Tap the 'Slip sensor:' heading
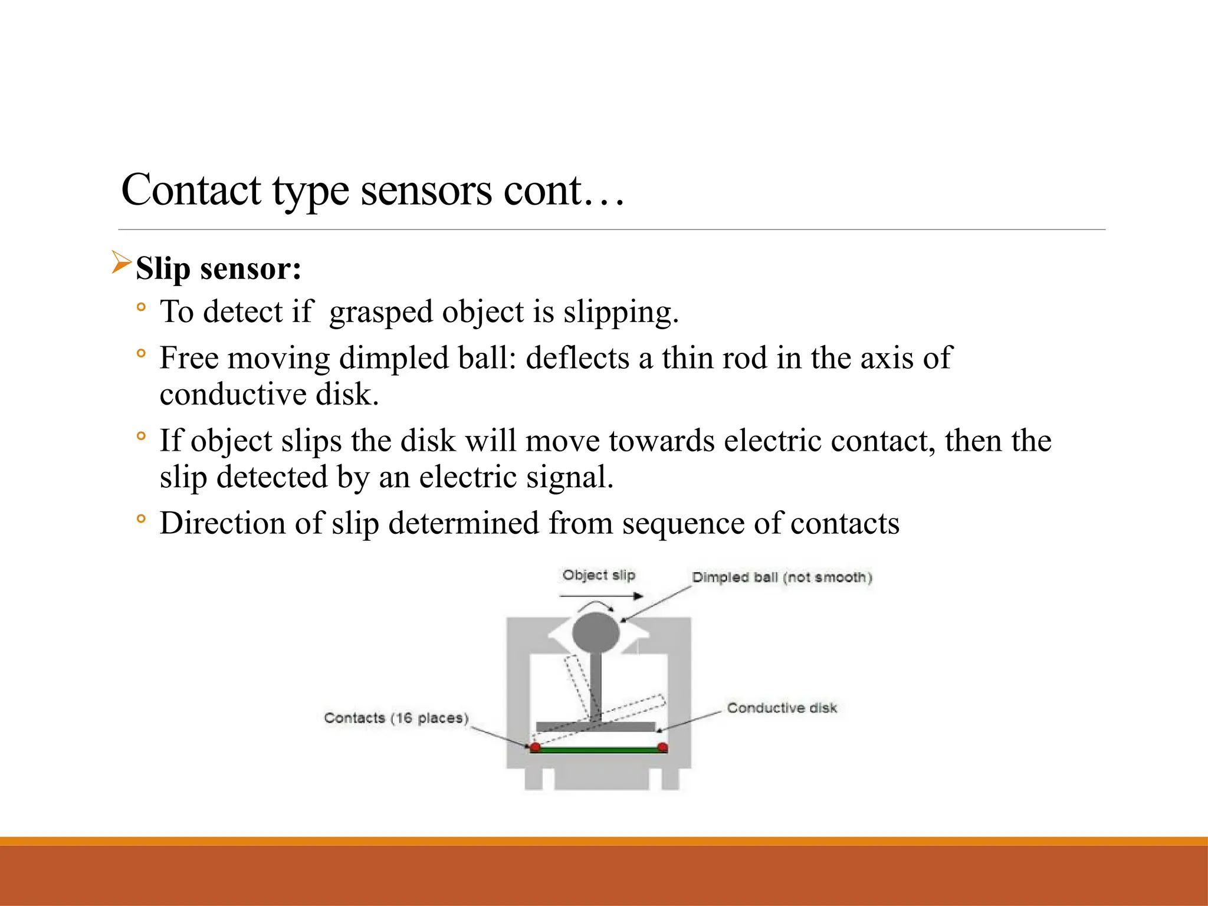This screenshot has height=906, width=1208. click(218, 268)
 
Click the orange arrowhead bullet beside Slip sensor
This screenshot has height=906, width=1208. click(121, 262)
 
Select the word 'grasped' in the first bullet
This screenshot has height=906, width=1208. click(382, 312)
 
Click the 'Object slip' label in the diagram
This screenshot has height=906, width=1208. click(598, 575)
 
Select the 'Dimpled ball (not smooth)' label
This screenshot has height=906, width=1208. click(782, 577)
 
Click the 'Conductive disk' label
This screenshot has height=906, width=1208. click(782, 708)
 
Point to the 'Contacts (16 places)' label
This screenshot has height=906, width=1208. click(396, 718)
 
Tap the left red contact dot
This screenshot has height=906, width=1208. click(535, 748)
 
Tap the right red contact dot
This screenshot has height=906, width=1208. click(662, 748)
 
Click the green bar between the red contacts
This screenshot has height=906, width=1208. click(599, 750)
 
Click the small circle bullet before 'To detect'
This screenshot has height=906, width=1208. click(140, 307)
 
